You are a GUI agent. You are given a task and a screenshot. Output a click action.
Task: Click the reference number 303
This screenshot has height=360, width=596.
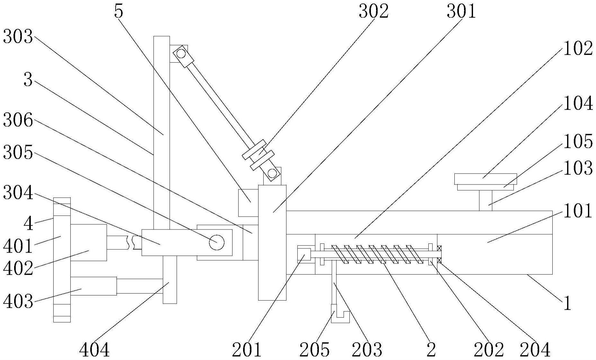coord(18,38)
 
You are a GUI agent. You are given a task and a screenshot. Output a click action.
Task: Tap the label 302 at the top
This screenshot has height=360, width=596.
coord(373,12)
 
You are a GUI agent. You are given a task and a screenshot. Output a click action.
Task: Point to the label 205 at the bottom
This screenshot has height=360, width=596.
coord(314,349)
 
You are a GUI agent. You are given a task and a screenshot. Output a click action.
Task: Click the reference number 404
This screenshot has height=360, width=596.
coord(94,350)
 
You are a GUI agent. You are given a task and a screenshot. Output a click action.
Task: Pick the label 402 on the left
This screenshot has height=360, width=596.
coord(18,268)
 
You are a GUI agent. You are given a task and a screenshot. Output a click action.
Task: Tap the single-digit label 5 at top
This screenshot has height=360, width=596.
coord(118,12)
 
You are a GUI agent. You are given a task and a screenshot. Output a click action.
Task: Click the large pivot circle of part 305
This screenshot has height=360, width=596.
coord(217,242)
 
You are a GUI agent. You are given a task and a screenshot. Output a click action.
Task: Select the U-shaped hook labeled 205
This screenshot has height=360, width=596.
coord(340,314)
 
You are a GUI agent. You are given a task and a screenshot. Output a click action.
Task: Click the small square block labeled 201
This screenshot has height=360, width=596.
coord(304,254)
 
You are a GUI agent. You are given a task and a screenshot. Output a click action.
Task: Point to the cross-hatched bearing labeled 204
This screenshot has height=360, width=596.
coord(439,254)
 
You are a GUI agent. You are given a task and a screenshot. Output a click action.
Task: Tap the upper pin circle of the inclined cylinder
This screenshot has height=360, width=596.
coord(181,53)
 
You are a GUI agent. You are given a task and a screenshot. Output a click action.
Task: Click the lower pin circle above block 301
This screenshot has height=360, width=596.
coord(272,174)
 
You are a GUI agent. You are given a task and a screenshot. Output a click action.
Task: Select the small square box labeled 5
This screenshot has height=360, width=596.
coord(248,203)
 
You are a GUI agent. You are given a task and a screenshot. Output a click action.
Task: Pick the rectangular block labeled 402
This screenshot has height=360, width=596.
coord(89,243)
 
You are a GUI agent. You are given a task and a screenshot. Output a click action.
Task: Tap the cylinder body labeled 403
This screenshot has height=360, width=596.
coord(93,286)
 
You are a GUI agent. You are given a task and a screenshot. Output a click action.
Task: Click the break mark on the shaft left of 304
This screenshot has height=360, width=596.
coord(131,243)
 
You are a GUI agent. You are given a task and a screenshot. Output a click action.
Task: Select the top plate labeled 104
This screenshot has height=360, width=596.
coord(486,179)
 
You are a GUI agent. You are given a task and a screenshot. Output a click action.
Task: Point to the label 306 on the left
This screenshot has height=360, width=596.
coord(18,121)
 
